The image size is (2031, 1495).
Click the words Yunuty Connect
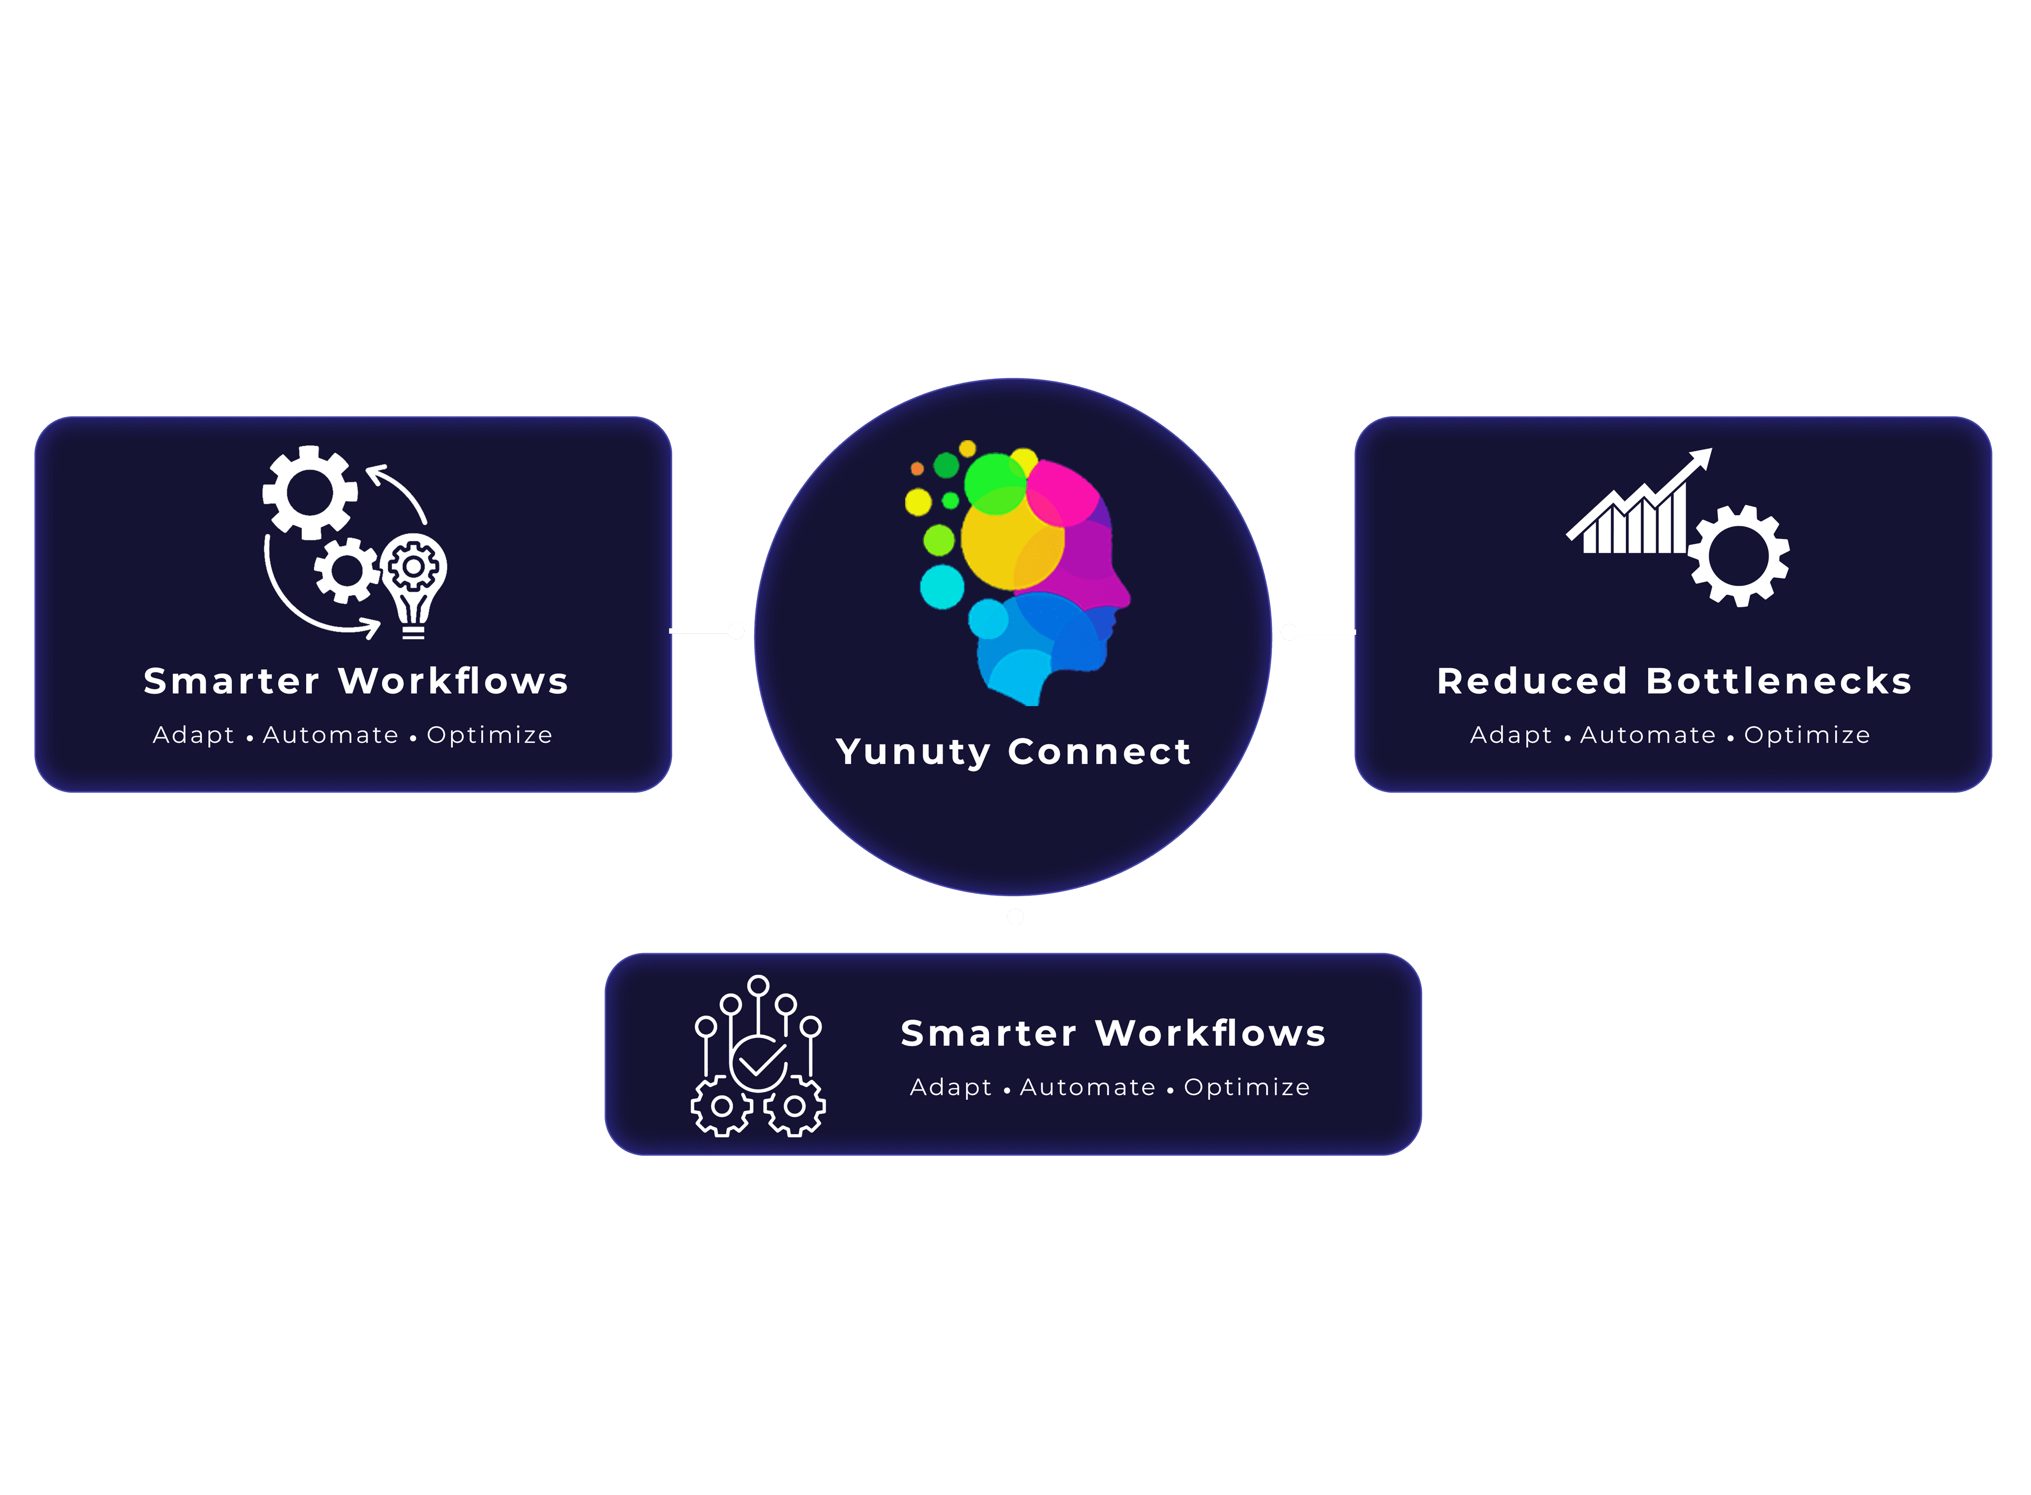pos(1013,752)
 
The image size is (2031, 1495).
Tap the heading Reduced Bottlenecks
pos(1673,681)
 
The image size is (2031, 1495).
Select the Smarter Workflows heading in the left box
pos(355,681)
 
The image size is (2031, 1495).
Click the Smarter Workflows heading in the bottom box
pos(1113,1034)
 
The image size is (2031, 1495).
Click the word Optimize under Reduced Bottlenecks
pos(1807,735)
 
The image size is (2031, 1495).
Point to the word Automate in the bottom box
pos(1087,1087)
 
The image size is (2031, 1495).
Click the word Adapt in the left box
pos(193,735)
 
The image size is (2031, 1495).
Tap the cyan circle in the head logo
pos(942,587)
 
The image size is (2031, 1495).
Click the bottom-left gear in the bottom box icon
pos(721,1106)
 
